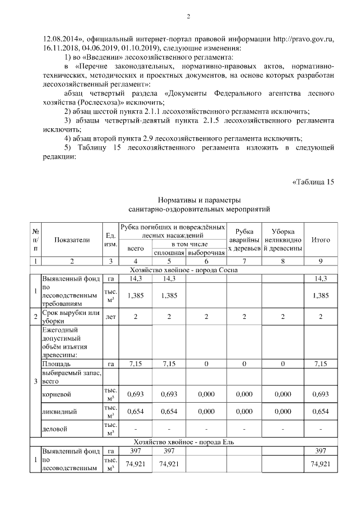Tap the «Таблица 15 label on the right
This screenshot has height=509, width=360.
coord(313,182)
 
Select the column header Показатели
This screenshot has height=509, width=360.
coord(72,240)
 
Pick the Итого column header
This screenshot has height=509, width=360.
coord(321,240)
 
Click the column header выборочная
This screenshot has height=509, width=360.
coord(206,253)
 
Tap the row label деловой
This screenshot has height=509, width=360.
coord(54,430)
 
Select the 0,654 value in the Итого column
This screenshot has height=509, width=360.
coord(321,411)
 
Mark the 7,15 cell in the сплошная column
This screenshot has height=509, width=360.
coord(169,364)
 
